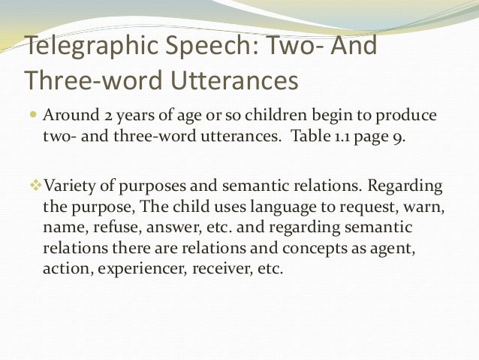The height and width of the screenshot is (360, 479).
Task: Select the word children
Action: (x=285, y=117)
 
